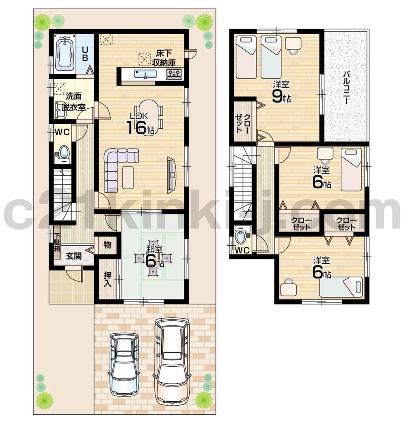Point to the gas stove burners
point(174,74)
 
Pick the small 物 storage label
point(107,244)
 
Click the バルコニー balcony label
point(346,88)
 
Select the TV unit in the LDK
point(171,175)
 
